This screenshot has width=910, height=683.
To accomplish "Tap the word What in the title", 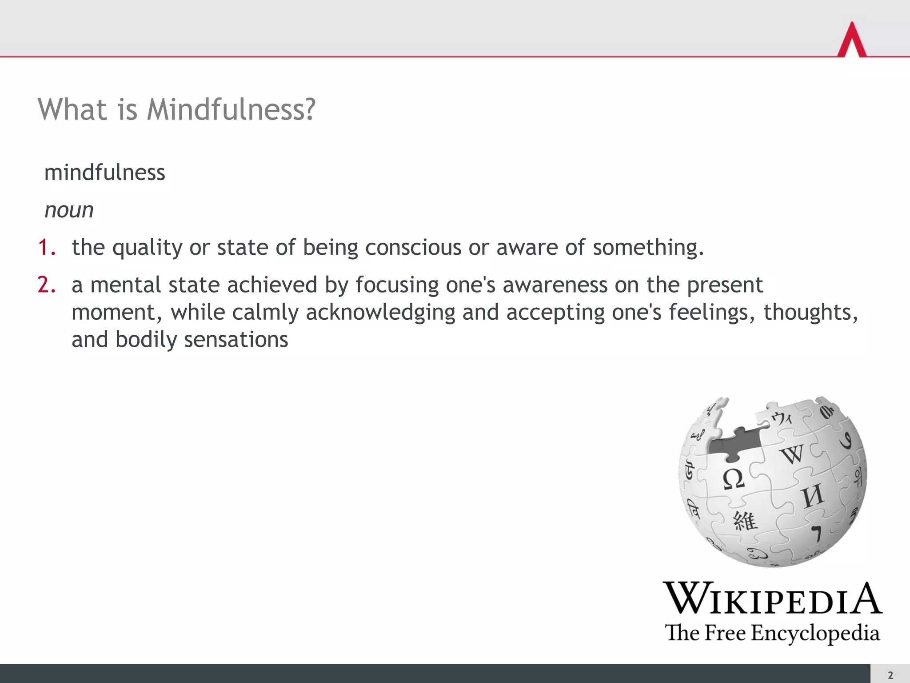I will [x=72, y=109].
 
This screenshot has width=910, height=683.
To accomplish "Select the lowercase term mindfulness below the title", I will [x=105, y=173].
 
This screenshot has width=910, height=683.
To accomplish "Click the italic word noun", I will [x=69, y=210].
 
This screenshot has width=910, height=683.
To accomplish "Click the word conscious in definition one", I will [x=413, y=247].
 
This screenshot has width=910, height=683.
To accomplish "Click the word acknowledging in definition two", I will [x=380, y=312].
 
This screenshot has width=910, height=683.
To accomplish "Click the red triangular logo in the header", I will [x=852, y=40].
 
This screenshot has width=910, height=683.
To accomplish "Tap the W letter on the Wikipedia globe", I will [x=792, y=454].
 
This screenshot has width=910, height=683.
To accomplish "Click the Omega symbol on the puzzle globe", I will [x=733, y=479].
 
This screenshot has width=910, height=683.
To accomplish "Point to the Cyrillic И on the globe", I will [x=813, y=496].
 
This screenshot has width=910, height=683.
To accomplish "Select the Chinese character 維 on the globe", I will [x=745, y=521].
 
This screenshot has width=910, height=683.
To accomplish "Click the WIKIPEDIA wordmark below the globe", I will [x=772, y=599].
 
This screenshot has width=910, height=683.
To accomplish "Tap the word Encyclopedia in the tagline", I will [x=815, y=633].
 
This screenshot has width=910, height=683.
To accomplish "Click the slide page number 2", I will [x=890, y=675].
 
